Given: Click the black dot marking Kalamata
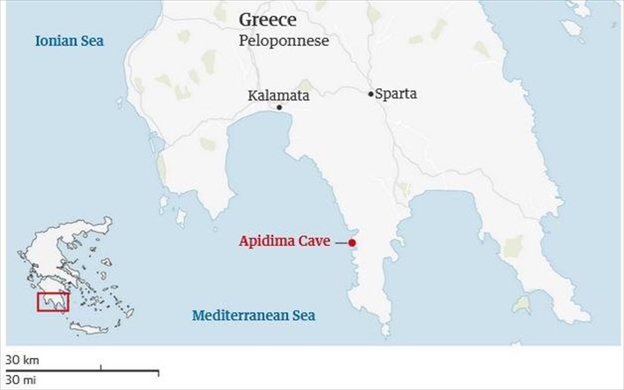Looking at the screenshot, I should point(279,108).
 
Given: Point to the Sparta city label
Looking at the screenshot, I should point(396,93).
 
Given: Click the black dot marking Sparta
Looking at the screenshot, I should point(370,93).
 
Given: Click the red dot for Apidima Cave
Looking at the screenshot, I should point(352,242).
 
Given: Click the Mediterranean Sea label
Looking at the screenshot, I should point(254,315).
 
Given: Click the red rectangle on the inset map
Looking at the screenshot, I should point(53,302).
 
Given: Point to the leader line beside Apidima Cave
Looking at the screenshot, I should point(342,242).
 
